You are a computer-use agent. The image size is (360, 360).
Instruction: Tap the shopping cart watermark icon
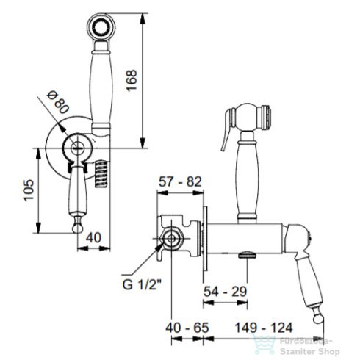[x=258, y=342]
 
